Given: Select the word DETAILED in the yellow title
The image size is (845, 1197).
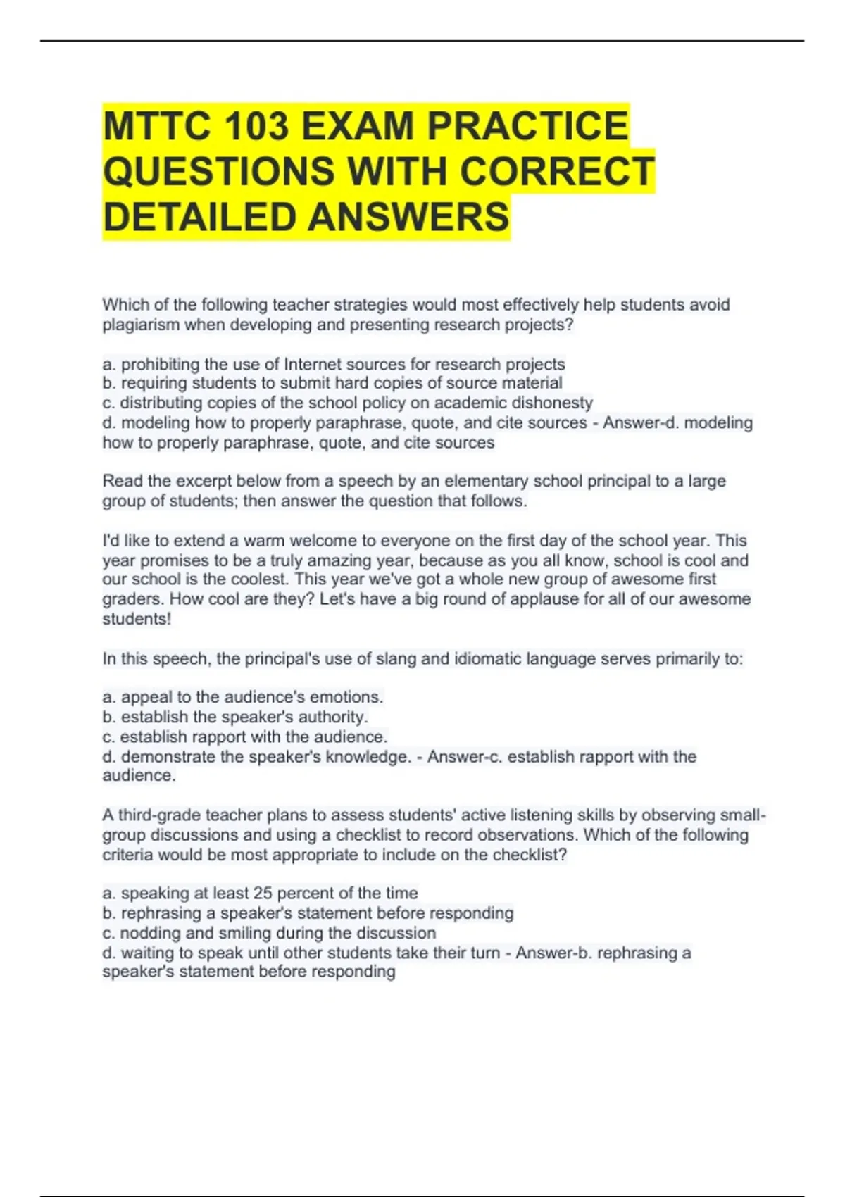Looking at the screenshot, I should click(x=200, y=217).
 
